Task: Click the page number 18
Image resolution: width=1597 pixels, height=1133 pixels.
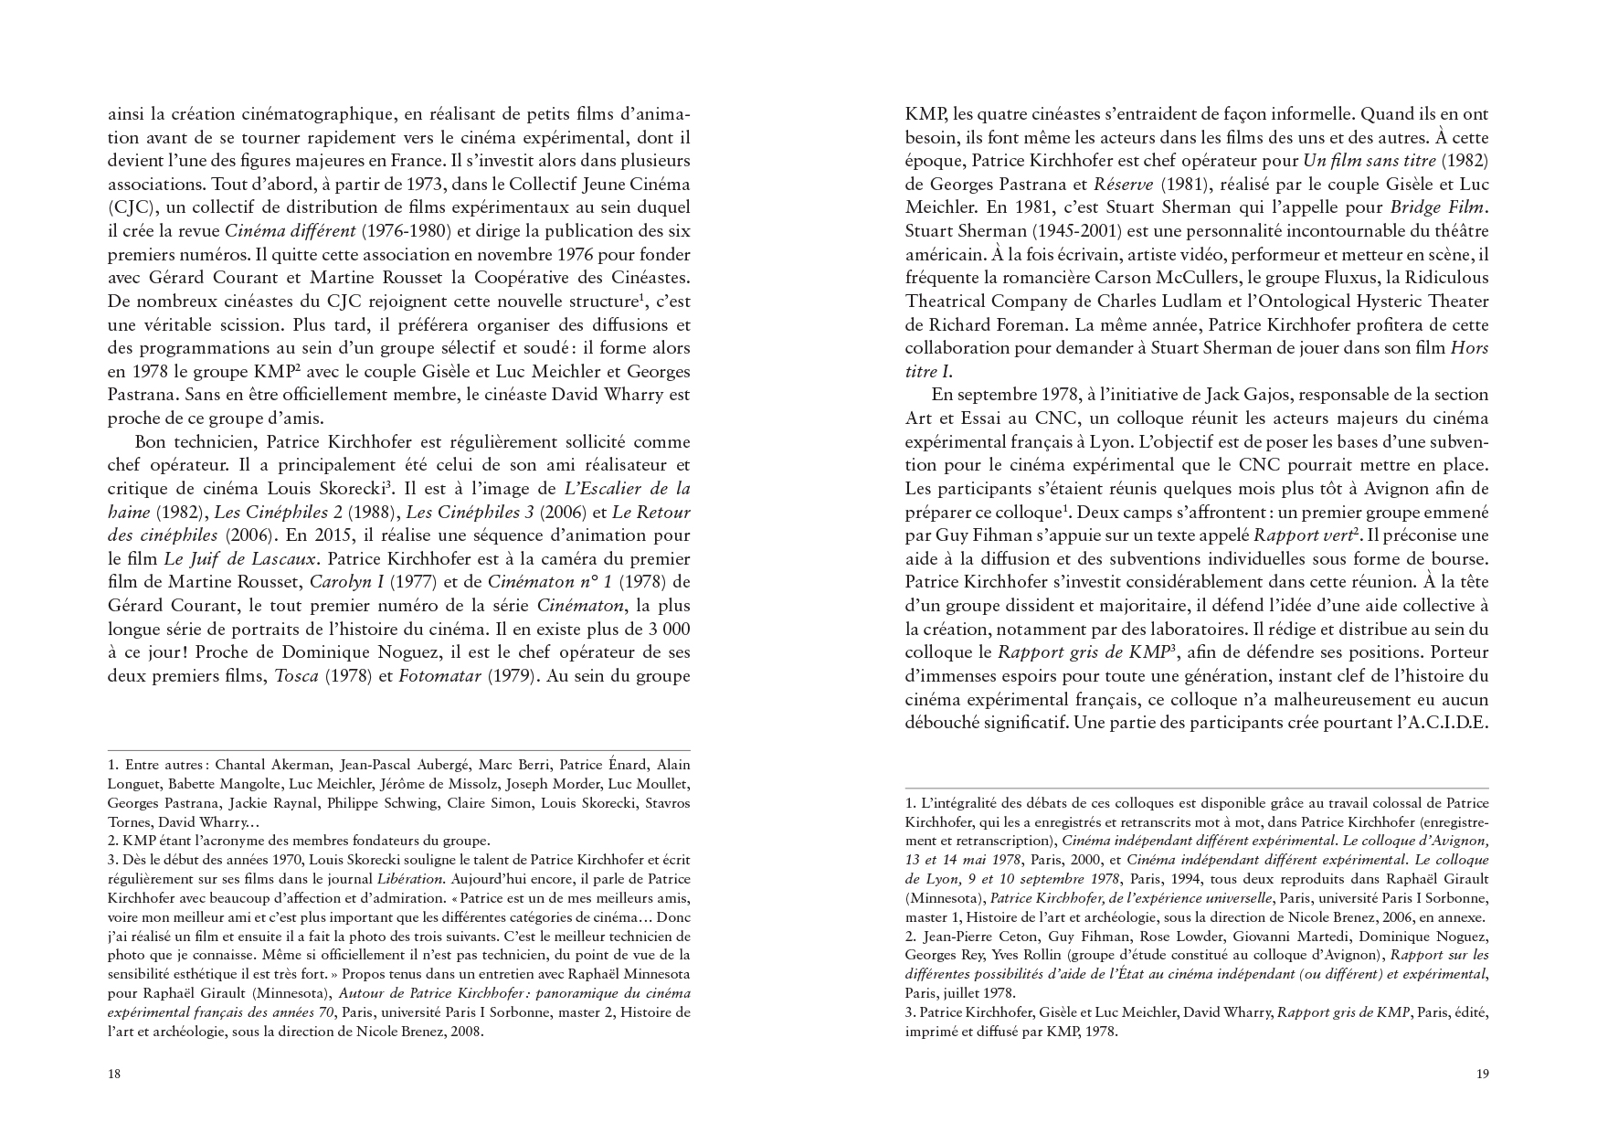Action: [114, 1074]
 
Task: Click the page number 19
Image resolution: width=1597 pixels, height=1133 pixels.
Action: [1482, 1074]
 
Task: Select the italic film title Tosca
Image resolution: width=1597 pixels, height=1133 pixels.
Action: [296, 676]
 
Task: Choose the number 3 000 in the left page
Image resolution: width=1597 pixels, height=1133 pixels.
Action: [661, 629]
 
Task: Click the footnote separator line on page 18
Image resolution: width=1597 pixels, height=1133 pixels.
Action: [399, 750]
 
